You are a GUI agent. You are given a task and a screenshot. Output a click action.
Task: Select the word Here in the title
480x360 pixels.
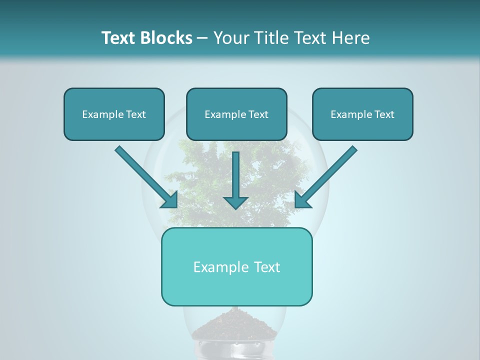click(x=352, y=38)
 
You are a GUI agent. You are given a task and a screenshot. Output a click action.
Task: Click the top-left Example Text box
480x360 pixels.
click(x=114, y=114)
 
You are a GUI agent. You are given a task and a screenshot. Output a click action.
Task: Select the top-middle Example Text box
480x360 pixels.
click(x=236, y=114)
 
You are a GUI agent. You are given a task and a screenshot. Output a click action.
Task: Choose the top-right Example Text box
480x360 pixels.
click(x=362, y=114)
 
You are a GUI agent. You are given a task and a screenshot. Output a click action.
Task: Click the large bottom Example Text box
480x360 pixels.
click(x=236, y=266)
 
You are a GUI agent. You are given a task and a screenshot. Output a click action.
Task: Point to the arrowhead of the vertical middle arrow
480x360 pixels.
click(x=235, y=202)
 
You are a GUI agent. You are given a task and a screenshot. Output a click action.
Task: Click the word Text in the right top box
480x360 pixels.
click(x=384, y=114)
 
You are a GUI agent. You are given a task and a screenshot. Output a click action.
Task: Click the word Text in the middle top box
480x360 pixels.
click(x=258, y=114)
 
